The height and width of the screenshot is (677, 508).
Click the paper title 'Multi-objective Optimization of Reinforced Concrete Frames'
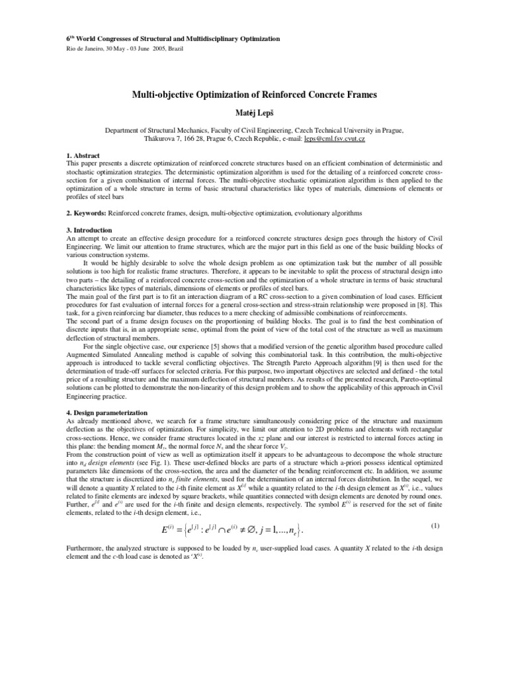(254, 95)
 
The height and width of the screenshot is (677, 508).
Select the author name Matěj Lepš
(254, 112)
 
